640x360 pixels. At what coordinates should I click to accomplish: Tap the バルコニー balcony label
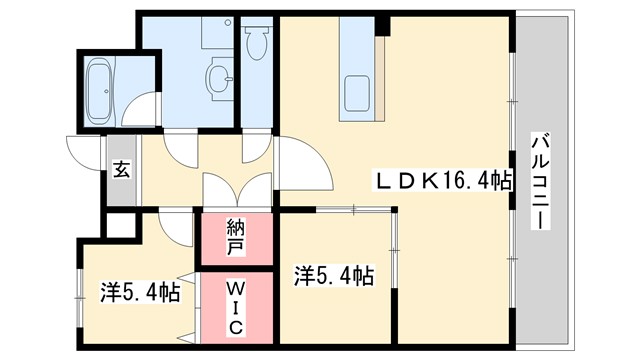click(x=540, y=181)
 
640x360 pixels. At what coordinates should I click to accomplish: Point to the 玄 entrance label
click(x=121, y=170)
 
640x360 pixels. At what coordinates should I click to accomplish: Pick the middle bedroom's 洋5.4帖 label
click(x=334, y=274)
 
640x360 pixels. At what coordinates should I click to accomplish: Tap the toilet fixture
click(x=257, y=44)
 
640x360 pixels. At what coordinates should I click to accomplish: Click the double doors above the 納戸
click(x=236, y=190)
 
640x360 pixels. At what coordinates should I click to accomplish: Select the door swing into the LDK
click(x=303, y=165)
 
